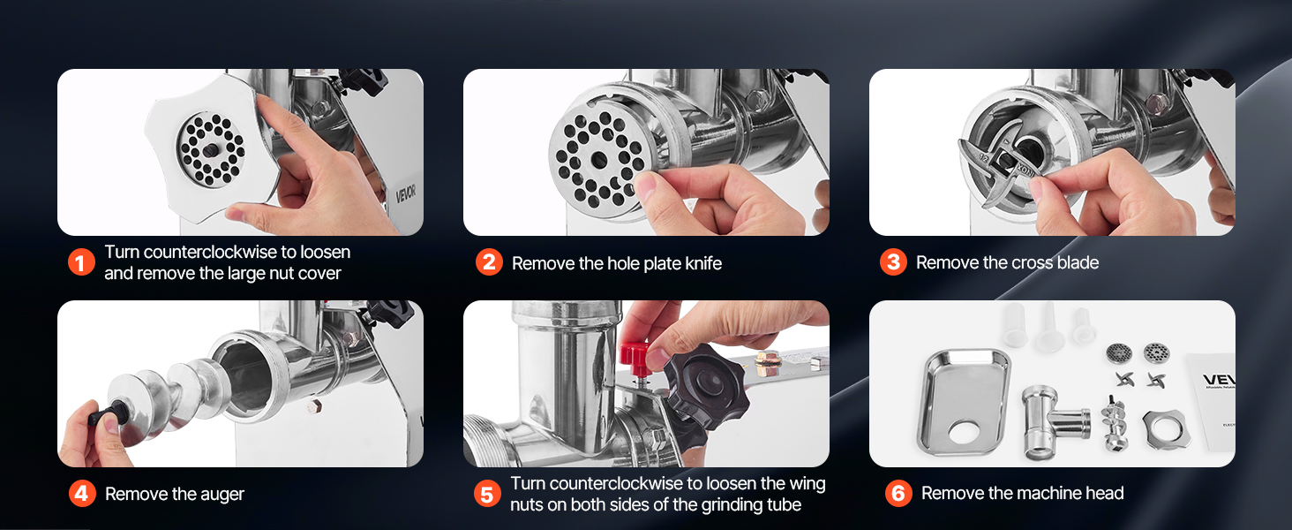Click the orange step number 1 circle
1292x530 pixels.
coord(81,262)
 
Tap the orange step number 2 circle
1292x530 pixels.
coord(489,262)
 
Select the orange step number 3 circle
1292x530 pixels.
coord(893,262)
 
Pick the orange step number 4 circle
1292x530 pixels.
coord(82,494)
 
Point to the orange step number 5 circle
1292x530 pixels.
coord(487,494)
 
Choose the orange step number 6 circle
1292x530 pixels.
coord(898,493)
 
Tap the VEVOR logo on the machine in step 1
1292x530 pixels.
coord(405,193)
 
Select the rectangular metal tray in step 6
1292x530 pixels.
coord(964,401)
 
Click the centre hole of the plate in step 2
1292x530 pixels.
coord(599,159)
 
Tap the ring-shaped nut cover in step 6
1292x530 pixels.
coord(1166,429)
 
